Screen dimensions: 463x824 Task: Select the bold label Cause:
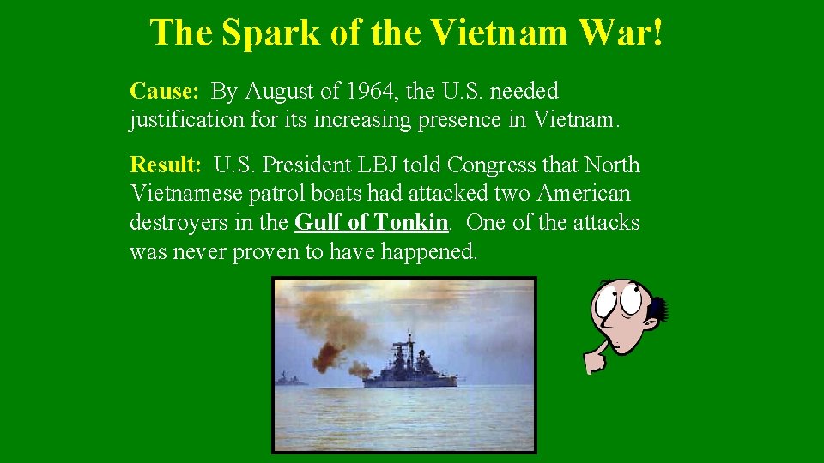(x=164, y=91)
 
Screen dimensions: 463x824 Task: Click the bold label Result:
(x=166, y=165)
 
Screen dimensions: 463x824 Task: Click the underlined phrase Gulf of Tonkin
(x=371, y=223)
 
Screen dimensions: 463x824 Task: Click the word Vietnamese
(x=188, y=194)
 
